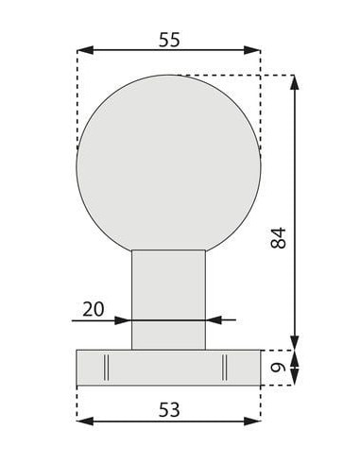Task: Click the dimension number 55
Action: point(167,39)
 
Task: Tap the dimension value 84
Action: point(277,237)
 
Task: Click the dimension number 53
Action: point(167,409)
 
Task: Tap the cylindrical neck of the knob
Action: point(168,293)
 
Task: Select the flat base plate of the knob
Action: point(168,366)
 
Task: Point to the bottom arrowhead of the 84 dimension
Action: point(295,343)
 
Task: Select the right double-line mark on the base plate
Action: point(227,366)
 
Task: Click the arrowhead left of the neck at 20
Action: point(124,320)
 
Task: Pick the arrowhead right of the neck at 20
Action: point(213,320)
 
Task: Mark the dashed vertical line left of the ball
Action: point(77,104)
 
